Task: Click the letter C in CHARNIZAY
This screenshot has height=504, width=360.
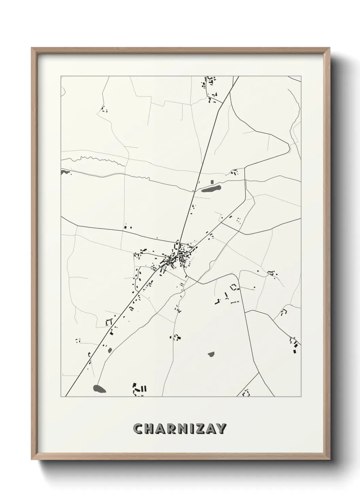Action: click(138, 428)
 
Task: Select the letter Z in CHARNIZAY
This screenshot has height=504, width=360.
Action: click(198, 428)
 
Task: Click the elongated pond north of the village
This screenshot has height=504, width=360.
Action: click(211, 188)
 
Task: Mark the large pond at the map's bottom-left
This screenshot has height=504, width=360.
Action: click(99, 388)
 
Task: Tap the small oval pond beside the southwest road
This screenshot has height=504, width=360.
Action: click(109, 350)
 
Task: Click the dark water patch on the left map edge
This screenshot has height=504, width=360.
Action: click(63, 172)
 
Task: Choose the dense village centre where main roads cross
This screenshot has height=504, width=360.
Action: click(178, 255)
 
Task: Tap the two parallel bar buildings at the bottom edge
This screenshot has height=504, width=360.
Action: click(144, 388)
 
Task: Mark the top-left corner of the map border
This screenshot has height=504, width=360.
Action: click(61, 77)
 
